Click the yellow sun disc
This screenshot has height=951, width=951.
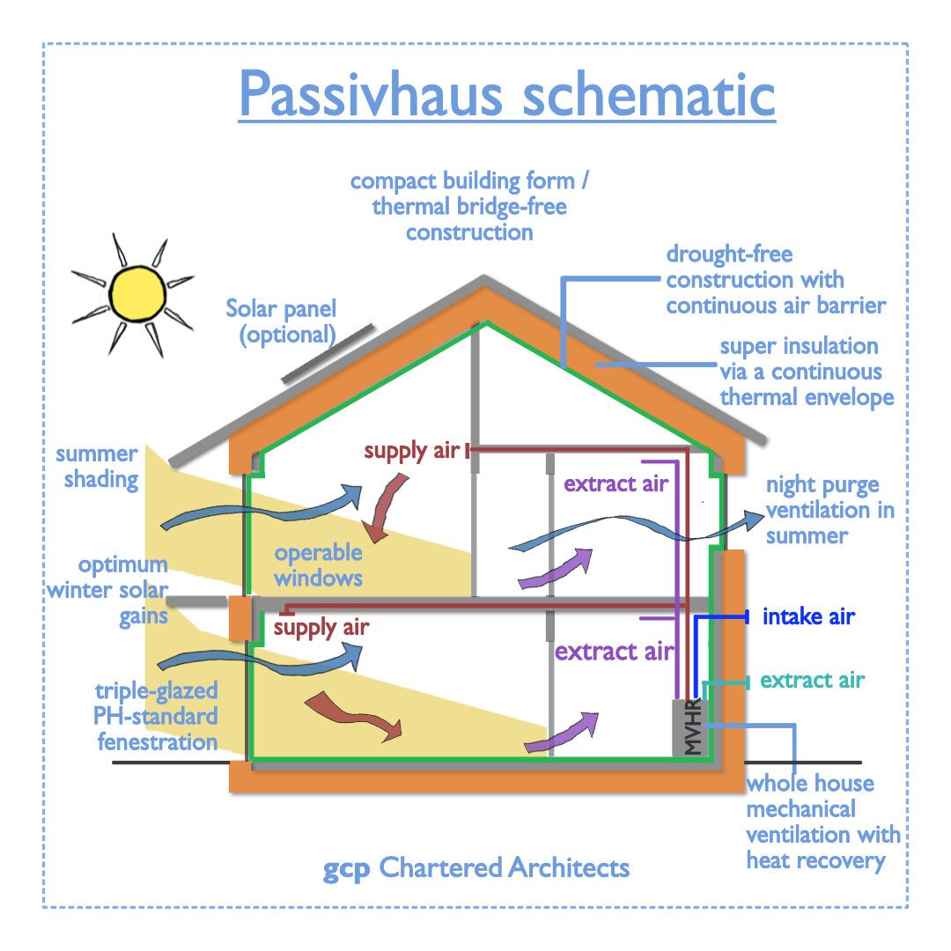[138, 291]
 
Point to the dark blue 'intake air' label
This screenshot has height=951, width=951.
[808, 616]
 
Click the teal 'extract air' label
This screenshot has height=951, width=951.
[812, 680]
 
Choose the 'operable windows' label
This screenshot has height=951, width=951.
[318, 565]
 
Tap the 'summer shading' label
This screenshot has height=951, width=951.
[97, 467]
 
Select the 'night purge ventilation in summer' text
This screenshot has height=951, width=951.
[829, 511]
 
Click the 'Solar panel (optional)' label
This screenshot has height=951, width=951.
[281, 321]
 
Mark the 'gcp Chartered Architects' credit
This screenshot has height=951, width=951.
[476, 867]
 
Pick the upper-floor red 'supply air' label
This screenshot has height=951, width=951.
[412, 451]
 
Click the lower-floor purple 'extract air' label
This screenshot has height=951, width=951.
[614, 652]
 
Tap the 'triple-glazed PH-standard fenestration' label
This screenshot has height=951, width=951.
[156, 716]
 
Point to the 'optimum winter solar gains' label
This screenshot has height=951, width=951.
[107, 590]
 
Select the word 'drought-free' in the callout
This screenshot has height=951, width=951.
[729, 255]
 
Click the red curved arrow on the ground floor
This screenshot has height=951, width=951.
[352, 713]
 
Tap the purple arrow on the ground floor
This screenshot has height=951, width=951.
[562, 732]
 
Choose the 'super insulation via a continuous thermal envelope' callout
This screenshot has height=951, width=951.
[807, 372]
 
